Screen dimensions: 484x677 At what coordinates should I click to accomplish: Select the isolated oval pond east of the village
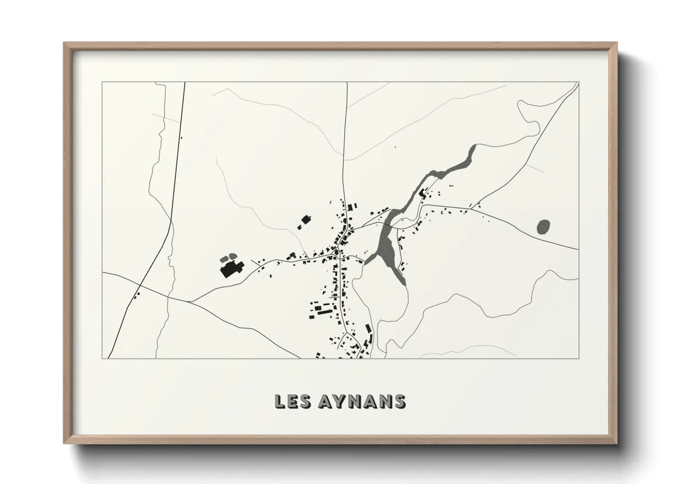[x=543, y=226]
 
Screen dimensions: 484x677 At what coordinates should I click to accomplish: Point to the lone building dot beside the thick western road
[x=182, y=137]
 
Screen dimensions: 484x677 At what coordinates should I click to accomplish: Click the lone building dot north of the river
[x=396, y=147]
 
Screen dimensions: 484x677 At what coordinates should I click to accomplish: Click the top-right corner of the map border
[x=579, y=82]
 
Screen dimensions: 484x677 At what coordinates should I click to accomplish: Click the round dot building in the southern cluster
[x=312, y=302]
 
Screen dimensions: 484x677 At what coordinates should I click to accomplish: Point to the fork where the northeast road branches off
[x=477, y=204]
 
